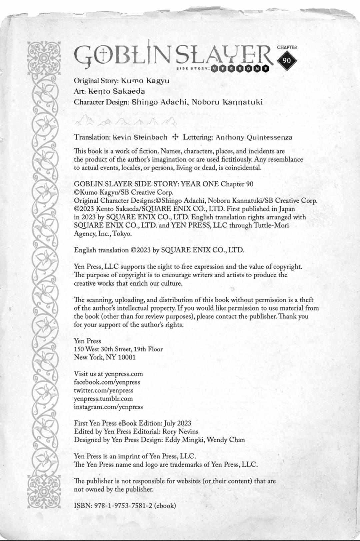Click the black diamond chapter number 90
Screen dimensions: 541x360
pos(287,60)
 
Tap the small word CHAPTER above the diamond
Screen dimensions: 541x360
pos(287,47)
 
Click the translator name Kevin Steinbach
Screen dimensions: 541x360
pos(140,137)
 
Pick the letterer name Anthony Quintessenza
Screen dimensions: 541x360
pos(254,137)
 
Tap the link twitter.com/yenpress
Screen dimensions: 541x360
pos(103,390)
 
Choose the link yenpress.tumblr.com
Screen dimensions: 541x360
pos(103,399)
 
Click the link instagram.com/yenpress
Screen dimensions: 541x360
pos(108,407)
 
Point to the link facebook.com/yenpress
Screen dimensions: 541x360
pos(107,382)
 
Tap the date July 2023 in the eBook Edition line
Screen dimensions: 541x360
pos(177,423)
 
